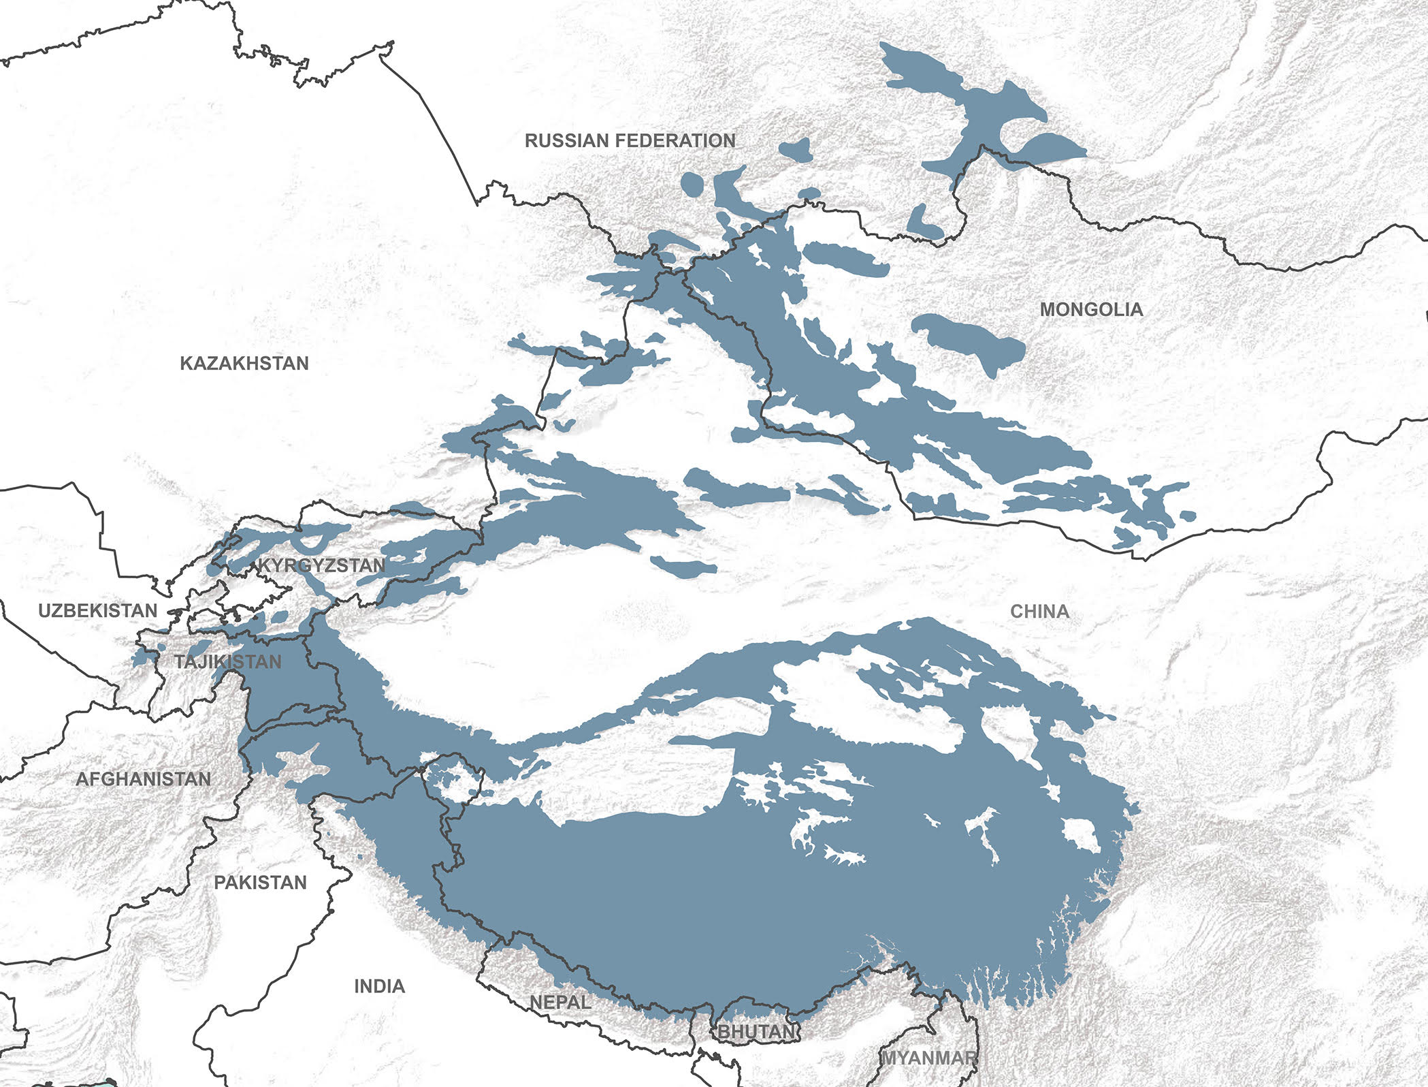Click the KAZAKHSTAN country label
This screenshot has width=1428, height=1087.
[244, 363]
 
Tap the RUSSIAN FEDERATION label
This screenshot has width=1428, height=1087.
[630, 141]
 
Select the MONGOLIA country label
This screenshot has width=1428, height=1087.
[1091, 310]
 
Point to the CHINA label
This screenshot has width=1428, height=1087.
[1039, 612]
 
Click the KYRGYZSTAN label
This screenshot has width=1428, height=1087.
[321, 565]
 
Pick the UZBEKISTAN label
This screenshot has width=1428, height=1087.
[97, 611]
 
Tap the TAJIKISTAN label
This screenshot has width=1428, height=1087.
[227, 661]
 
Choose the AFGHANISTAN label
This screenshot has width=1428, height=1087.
[143, 779]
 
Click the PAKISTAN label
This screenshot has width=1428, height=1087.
[260, 883]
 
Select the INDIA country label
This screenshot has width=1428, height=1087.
[379, 986]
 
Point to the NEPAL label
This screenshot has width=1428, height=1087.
[560, 1003]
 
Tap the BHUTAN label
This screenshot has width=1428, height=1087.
[756, 1032]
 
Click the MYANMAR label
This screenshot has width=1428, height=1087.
[929, 1058]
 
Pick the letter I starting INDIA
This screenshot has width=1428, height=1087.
[357, 986]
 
